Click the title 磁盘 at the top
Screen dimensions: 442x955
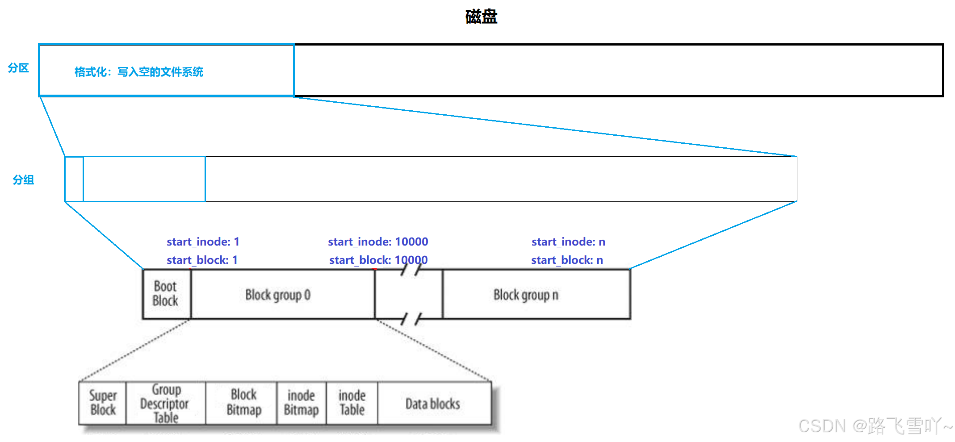pos(481,17)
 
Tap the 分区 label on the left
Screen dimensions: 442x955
pos(18,68)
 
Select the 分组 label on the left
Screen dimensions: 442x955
pos(23,180)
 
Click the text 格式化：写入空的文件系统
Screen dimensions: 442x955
pos(139,72)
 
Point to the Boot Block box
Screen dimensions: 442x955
pos(166,294)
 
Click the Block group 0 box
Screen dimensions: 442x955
pos(278,295)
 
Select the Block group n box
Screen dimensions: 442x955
pos(526,295)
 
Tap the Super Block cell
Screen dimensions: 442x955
pos(103,403)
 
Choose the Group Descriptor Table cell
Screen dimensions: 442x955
pos(165,403)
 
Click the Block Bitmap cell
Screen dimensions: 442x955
pos(244,403)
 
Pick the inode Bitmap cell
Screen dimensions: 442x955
pos(302,403)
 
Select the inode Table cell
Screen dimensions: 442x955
pos(352,403)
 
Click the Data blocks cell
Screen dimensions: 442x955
pos(433,404)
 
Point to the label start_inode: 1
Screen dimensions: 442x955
pos(203,242)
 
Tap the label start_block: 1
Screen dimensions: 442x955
pos(202,260)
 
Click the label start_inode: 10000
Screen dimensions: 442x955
pos(378,242)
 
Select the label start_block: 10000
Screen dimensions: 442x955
pos(378,260)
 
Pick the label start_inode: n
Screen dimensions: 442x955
pos(568,242)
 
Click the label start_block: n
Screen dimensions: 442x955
pos(567,260)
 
